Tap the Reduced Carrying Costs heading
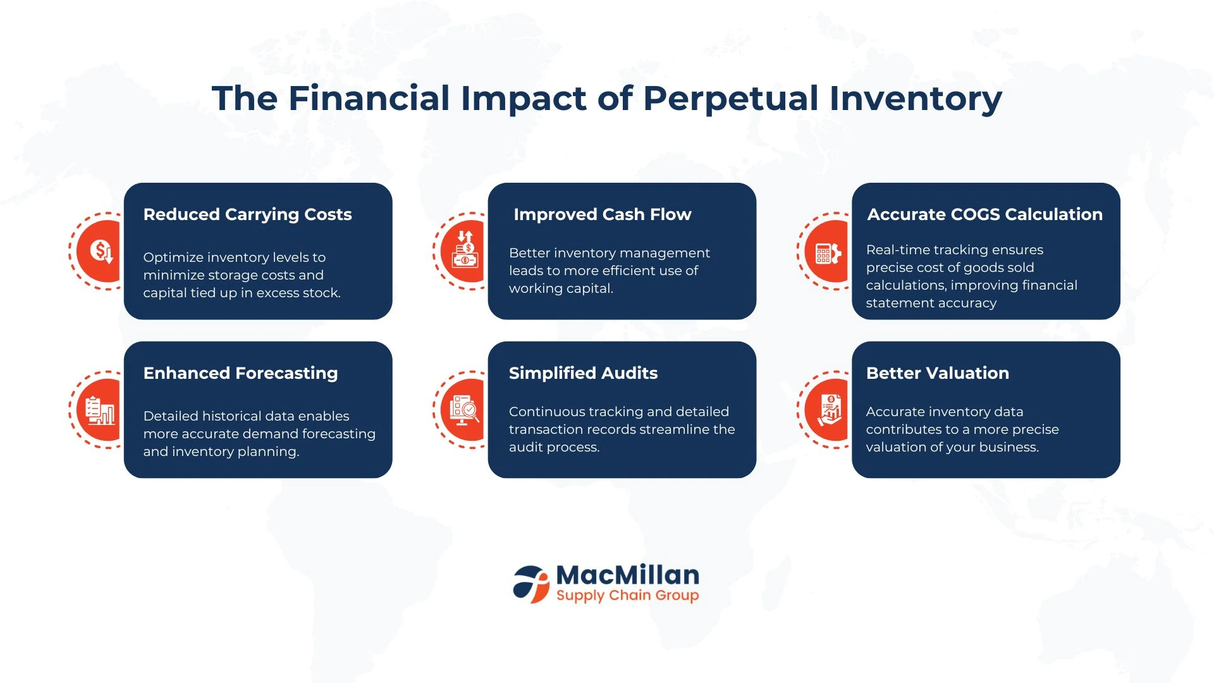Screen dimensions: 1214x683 click(247, 215)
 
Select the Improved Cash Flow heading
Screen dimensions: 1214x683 click(603, 214)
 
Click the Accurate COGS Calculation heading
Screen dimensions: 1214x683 click(984, 214)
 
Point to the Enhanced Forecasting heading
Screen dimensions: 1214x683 click(240, 374)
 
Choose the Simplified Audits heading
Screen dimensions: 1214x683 click(583, 373)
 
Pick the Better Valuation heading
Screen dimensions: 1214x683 click(937, 373)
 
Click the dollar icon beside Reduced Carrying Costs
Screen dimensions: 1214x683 click(101, 251)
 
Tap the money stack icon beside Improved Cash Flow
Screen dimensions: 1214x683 click(465, 249)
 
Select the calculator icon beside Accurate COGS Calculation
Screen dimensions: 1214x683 click(828, 254)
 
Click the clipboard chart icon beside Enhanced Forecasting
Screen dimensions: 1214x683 click(101, 410)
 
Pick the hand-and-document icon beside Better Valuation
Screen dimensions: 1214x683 click(830, 410)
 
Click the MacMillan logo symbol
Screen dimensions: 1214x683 click(531, 584)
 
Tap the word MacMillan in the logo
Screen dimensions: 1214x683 click(628, 575)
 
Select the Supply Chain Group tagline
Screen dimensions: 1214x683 click(627, 596)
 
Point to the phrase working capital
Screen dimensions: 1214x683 click(561, 288)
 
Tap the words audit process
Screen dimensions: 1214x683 click(554, 447)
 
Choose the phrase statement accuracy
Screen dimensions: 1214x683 click(931, 303)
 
